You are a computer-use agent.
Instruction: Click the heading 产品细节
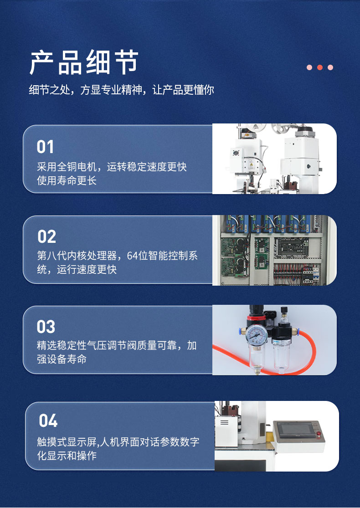click(84, 62)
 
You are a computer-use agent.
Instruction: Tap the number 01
click(45, 147)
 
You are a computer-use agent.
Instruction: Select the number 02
click(46, 236)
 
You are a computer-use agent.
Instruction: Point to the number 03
click(46, 327)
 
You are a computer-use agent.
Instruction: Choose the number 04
click(48, 421)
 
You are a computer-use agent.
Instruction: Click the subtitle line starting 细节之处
click(122, 90)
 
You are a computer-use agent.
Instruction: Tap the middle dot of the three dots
click(320, 67)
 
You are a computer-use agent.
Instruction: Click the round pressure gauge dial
click(256, 335)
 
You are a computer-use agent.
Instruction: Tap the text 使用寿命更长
click(67, 180)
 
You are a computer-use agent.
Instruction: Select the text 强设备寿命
click(62, 359)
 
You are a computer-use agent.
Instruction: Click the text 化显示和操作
click(67, 456)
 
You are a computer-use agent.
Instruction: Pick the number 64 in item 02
click(132, 256)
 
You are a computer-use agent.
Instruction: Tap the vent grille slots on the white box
click(224, 422)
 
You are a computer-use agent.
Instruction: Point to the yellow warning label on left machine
click(251, 165)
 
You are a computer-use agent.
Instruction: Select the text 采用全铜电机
click(67, 167)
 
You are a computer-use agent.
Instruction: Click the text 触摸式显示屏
click(67, 442)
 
